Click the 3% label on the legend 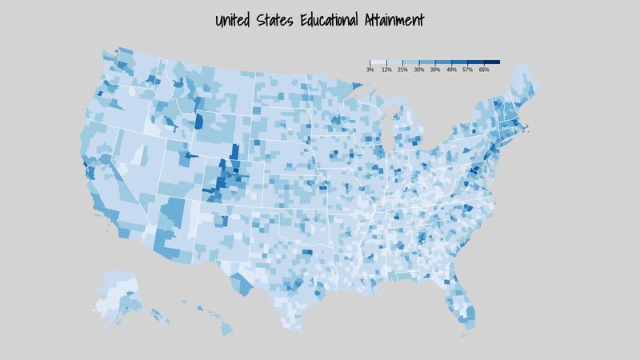[370, 70]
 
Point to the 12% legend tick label [386, 70]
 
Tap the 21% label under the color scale [402, 70]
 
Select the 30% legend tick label [419, 70]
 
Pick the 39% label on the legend [435, 70]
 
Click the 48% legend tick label [451, 70]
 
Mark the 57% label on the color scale [468, 70]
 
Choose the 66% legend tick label [484, 70]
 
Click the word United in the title [238, 20]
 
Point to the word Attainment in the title [394, 20]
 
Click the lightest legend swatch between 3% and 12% [378, 62]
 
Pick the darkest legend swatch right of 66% [492, 62]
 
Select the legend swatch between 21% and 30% [410, 62]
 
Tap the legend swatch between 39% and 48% [443, 62]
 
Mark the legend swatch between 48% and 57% [459, 62]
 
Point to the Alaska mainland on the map [120, 292]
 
